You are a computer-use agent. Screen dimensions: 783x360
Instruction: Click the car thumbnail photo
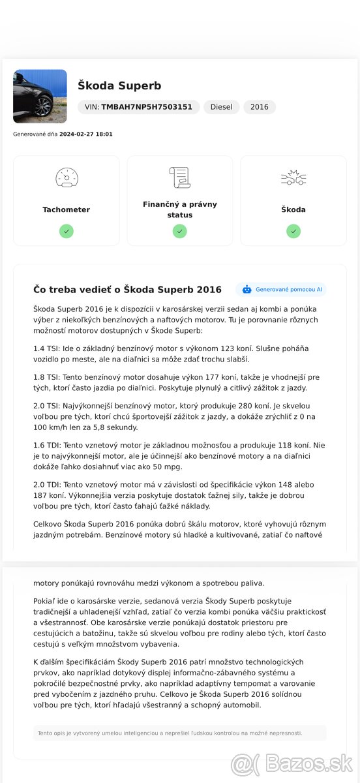tap(40, 97)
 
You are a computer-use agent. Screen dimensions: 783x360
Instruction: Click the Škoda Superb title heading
tap(119, 85)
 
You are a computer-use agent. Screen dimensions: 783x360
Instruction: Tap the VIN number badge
tap(138, 107)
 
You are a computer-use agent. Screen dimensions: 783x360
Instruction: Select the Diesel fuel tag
tap(221, 107)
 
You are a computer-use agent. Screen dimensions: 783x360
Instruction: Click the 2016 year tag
tap(259, 107)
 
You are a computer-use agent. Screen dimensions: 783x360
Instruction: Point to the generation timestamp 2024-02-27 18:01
tap(85, 134)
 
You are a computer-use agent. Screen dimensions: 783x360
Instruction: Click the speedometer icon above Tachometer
tap(66, 177)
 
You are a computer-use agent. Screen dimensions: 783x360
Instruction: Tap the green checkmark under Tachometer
tap(66, 231)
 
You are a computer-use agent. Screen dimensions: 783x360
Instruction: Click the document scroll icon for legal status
tap(179, 177)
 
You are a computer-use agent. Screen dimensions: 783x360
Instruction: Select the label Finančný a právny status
tap(179, 209)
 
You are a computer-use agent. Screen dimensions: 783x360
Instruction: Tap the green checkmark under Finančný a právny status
tap(179, 231)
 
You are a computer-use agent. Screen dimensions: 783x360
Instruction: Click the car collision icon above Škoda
tap(293, 177)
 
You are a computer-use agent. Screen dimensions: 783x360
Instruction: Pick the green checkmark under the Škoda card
tap(293, 231)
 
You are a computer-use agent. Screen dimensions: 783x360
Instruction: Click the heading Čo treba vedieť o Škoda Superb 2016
tap(127, 290)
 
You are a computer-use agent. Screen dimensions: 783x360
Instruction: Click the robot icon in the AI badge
tap(247, 289)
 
